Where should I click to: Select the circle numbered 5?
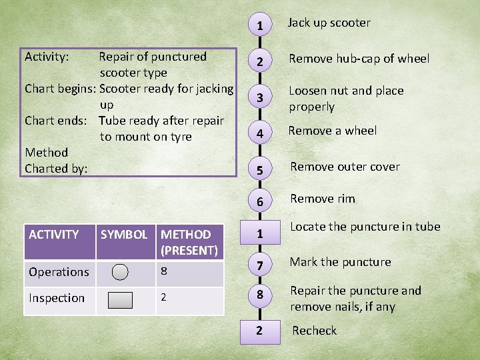pos(259,170)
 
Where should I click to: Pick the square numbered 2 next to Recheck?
pos(259,330)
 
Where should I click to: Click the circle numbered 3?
pos(259,98)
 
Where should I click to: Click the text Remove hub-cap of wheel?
pos(359,59)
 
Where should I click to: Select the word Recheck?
pos(314,331)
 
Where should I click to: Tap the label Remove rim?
pos(323,199)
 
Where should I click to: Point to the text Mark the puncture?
pos(340,262)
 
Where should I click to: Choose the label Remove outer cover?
pos(345,167)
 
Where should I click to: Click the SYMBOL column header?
pos(124,235)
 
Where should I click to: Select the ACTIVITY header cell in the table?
pos(54,235)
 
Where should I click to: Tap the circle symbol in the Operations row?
pos(121,272)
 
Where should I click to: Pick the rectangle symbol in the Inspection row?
pos(121,299)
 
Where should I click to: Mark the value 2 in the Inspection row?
pos(164,297)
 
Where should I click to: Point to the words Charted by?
pos(56,169)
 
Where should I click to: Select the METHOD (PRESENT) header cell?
pos(189,242)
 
